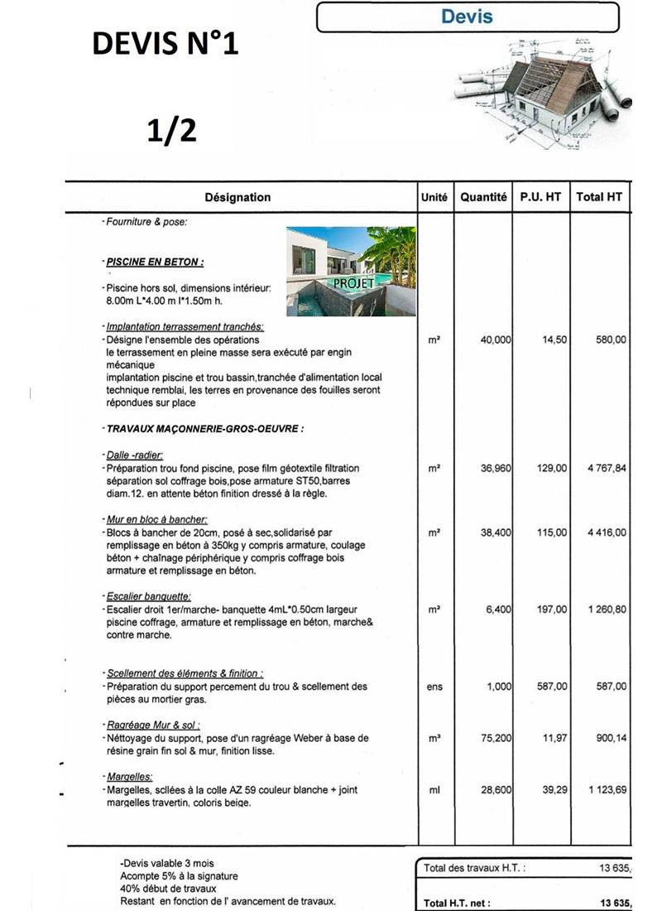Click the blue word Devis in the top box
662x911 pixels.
pyautogui.click(x=468, y=17)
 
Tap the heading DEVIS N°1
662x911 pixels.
pyautogui.click(x=165, y=43)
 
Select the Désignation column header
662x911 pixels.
pyautogui.click(x=237, y=197)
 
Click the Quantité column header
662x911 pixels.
pyautogui.click(x=484, y=197)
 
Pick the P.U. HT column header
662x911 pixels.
pyautogui.click(x=541, y=197)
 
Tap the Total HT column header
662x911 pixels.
pyautogui.click(x=599, y=197)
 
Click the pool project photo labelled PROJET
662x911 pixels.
pyautogui.click(x=352, y=271)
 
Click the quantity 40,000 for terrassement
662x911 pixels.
pyautogui.click(x=496, y=340)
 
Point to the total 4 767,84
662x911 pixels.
pyautogui.click(x=607, y=468)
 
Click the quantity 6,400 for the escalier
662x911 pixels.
pyautogui.click(x=499, y=609)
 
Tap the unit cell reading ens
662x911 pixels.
pyautogui.click(x=434, y=687)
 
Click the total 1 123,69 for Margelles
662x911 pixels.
pyautogui.click(x=607, y=790)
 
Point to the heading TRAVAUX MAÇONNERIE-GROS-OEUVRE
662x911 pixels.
pyautogui.click(x=205, y=429)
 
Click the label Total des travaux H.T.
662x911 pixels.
pyautogui.click(x=474, y=868)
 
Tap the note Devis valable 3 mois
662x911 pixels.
pyautogui.click(x=166, y=863)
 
